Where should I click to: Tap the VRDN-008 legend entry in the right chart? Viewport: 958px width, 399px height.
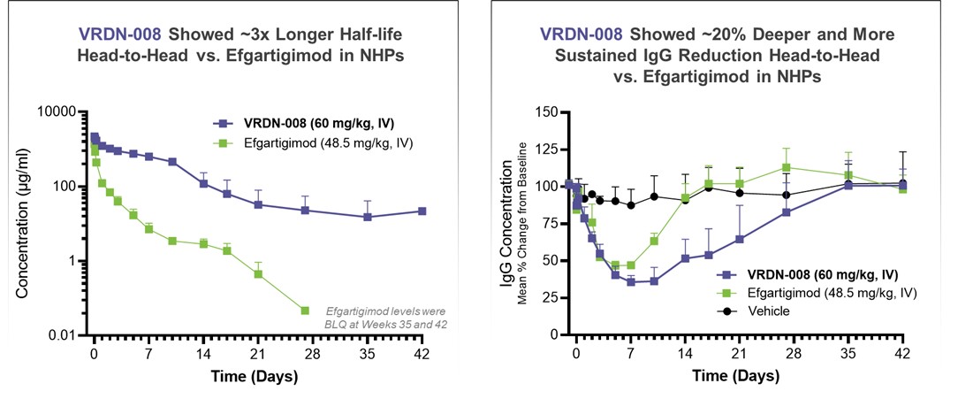click(x=798, y=275)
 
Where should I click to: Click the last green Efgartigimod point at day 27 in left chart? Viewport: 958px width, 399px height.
click(x=305, y=311)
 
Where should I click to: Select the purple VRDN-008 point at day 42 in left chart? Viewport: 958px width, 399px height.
click(x=422, y=211)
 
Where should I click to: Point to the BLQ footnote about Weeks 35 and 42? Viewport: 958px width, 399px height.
click(x=386, y=317)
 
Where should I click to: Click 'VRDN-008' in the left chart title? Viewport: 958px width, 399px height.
click(x=120, y=35)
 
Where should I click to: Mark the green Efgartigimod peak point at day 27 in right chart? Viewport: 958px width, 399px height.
click(x=786, y=167)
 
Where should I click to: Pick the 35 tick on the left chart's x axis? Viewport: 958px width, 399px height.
click(x=367, y=351)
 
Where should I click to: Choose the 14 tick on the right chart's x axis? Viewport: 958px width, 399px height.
click(x=684, y=351)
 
